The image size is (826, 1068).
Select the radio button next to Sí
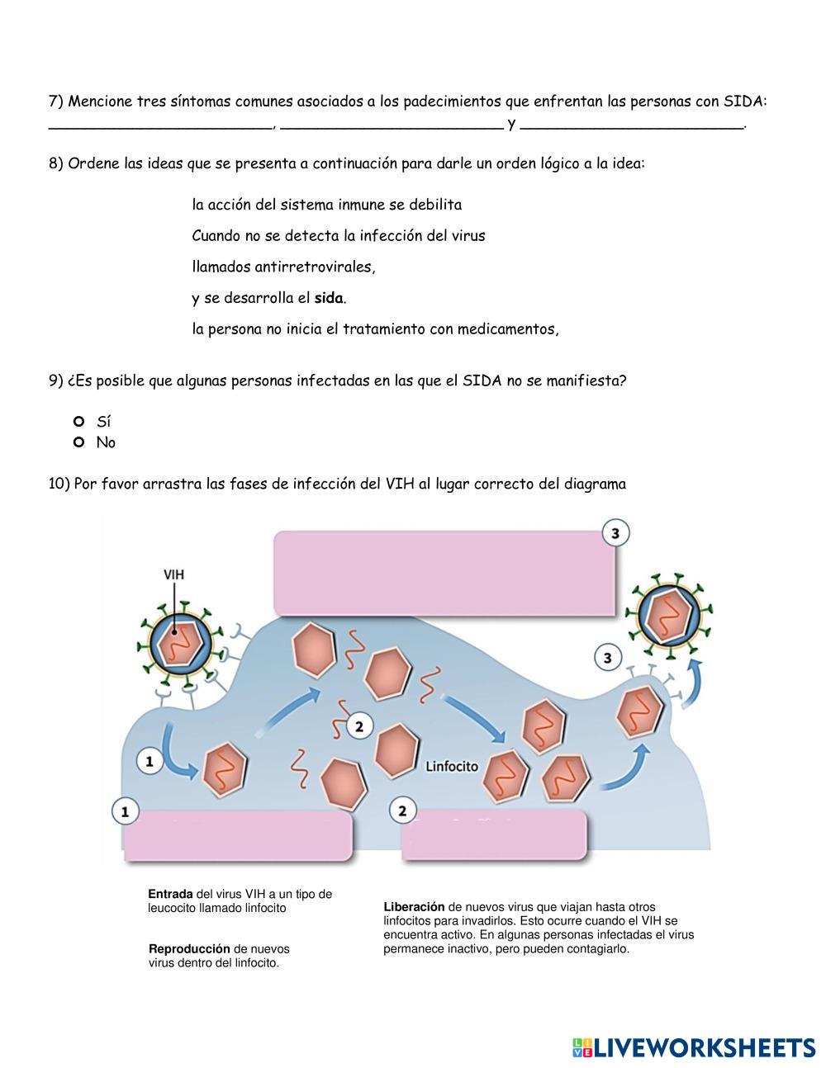(x=79, y=421)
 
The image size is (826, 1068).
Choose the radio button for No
(x=79, y=442)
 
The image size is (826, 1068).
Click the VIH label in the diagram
(x=174, y=574)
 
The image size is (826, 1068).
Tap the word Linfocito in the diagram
(x=452, y=766)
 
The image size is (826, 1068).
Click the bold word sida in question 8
(x=329, y=298)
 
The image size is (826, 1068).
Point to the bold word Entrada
(x=170, y=894)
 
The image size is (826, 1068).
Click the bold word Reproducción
(x=189, y=949)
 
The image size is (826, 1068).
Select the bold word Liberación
(x=414, y=906)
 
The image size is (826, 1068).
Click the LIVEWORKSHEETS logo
(x=693, y=1047)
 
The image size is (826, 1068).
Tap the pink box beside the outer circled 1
(x=240, y=837)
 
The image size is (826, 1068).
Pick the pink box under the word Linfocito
(x=494, y=837)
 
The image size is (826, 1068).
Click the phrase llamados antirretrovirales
(x=283, y=267)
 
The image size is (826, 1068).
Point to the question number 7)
(x=56, y=102)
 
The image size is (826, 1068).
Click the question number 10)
(x=59, y=484)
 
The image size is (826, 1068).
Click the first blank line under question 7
(x=160, y=125)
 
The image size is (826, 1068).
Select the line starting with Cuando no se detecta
(x=338, y=235)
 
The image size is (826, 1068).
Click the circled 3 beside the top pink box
(x=615, y=533)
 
